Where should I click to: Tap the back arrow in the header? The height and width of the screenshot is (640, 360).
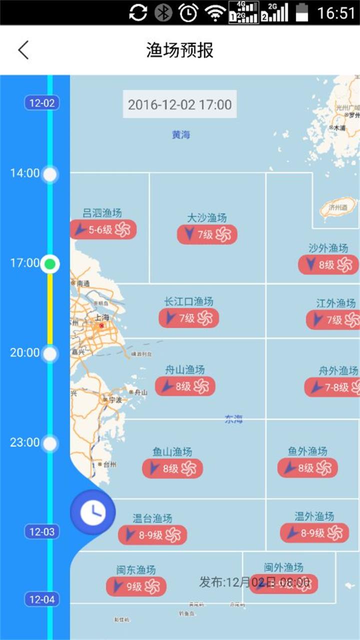[23, 50]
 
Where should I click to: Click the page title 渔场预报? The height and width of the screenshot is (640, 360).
[180, 50]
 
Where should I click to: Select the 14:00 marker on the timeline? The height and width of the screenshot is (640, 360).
[50, 174]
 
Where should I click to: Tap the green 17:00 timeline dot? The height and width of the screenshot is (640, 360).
[50, 264]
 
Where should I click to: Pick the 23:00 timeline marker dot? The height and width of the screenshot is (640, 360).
[50, 443]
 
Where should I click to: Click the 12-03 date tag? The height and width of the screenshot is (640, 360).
[42, 531]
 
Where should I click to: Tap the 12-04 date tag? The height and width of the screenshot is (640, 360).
[42, 599]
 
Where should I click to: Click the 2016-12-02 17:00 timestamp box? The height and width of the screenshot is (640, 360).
[180, 104]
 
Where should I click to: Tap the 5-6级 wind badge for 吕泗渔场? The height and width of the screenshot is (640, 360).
[103, 229]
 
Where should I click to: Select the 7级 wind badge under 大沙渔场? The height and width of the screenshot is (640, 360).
[207, 234]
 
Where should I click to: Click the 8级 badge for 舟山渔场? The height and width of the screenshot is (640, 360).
[185, 386]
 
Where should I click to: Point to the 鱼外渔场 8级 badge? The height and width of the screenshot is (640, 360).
[307, 468]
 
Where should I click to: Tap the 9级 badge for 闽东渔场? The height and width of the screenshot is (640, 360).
[136, 586]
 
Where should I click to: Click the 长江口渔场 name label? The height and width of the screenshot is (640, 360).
[188, 301]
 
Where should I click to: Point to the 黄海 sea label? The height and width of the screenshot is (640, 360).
[181, 134]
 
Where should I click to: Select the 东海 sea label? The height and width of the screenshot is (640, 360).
[233, 419]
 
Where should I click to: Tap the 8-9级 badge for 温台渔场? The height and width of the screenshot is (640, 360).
[152, 534]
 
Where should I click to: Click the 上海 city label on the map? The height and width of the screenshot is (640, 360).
[102, 317]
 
